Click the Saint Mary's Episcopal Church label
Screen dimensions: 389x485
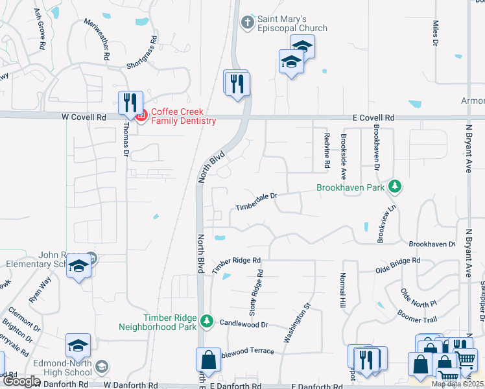(292, 23)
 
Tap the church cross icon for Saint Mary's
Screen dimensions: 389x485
(246, 23)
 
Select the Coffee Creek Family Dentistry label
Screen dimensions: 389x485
(183, 116)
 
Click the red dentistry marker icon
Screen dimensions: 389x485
(141, 115)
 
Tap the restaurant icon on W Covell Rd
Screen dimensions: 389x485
(130, 102)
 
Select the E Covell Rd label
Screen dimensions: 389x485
(373, 118)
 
